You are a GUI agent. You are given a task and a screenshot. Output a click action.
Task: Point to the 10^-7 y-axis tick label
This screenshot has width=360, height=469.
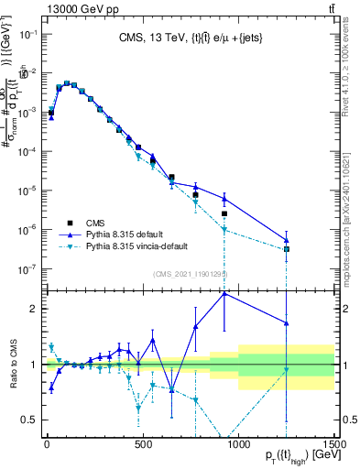[x=28, y=269]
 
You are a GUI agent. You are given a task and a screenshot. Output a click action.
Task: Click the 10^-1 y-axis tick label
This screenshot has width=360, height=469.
[x=28, y=35]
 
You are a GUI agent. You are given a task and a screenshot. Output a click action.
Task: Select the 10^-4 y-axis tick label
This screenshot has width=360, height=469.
[x=28, y=152]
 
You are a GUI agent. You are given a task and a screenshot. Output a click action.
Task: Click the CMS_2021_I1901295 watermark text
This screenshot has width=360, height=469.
[x=190, y=273]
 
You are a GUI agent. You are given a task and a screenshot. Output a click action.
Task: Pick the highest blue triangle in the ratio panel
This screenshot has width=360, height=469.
[x=224, y=293]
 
